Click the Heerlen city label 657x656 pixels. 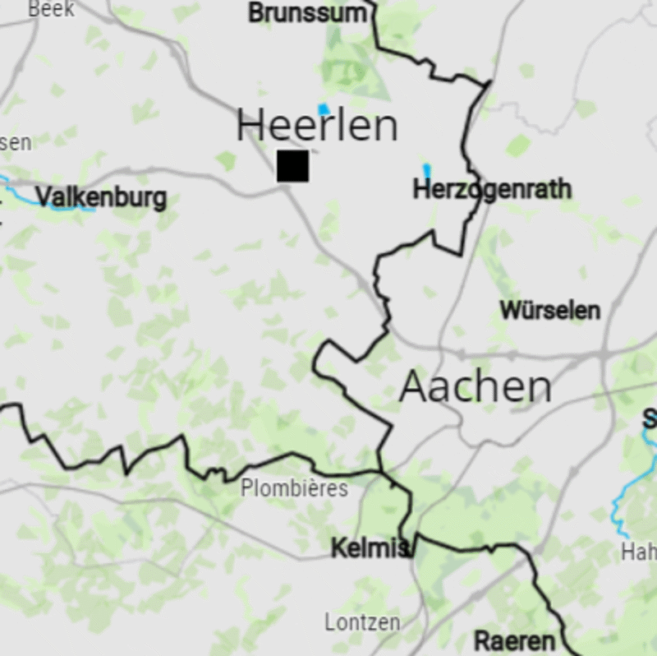click(317, 126)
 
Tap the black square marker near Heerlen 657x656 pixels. click(292, 165)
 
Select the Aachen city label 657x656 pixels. click(475, 386)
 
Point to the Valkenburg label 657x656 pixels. click(101, 197)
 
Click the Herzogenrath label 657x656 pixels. click(492, 190)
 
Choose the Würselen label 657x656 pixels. click(549, 311)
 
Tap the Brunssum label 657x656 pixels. click(307, 13)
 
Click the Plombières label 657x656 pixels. click(294, 488)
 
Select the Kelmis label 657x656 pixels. click(369, 548)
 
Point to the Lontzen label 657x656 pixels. click(362, 622)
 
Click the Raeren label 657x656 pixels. click(514, 641)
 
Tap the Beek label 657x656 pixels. click(51, 9)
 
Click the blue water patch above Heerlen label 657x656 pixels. click(324, 109)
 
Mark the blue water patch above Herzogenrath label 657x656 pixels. click(426, 170)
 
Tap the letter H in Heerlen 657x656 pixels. click(251, 126)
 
